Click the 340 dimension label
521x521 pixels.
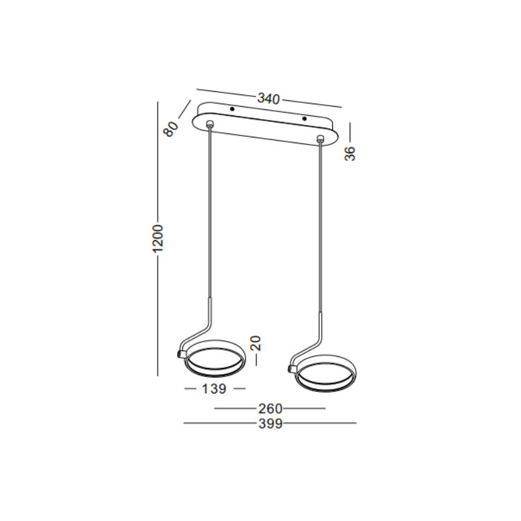[x=268, y=99]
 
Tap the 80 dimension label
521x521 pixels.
[x=171, y=128]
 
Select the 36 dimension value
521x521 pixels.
[x=350, y=153]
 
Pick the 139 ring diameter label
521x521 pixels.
[x=214, y=389]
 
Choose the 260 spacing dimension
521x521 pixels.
[x=270, y=409]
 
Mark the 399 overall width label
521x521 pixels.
[x=270, y=424]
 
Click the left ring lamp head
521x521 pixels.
[x=213, y=359]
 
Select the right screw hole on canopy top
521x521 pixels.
[x=303, y=119]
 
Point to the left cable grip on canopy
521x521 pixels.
[x=209, y=123]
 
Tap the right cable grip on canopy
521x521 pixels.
[x=320, y=139]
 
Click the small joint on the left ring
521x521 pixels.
[x=180, y=354]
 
